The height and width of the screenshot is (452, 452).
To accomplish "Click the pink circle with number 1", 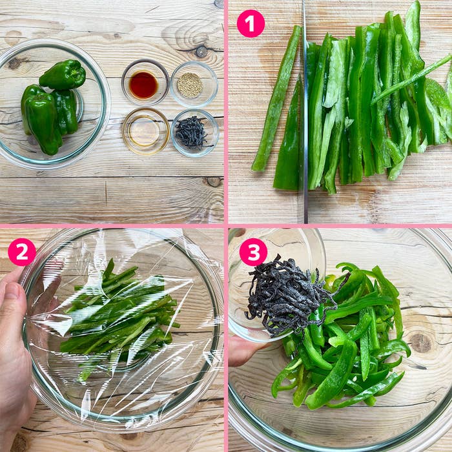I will pos(251,23).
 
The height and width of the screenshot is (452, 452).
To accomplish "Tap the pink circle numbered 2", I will pos(21,252).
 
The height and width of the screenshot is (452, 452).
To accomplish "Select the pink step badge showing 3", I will pos(253,252).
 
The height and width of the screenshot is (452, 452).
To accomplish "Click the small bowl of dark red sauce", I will pos(144,85).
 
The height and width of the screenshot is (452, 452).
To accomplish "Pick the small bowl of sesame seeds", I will pos(190,85).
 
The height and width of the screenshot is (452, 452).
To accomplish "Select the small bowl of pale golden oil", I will pos(145,131).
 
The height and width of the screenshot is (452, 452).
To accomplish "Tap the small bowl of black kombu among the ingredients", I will pos(192,132).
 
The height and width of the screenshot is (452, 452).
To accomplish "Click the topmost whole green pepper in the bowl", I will pos(63,75).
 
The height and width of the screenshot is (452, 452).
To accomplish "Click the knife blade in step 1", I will pos(304,129).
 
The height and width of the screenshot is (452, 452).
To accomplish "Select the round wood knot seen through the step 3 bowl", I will pos(421,342).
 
